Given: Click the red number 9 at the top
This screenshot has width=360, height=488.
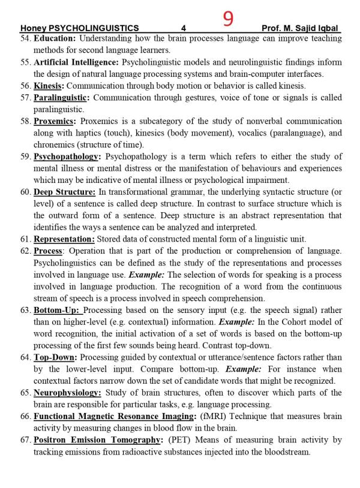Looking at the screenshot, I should pyautogui.click(x=228, y=19).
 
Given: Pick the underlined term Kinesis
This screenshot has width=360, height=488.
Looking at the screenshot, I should pyautogui.click(x=49, y=86).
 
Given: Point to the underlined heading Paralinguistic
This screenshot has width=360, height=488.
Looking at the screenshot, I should pyautogui.click(x=61, y=97).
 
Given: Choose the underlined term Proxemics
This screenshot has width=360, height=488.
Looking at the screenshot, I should pyautogui.click(x=54, y=121).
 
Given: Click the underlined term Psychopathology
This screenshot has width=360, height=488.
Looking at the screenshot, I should pyautogui.click(x=66, y=156).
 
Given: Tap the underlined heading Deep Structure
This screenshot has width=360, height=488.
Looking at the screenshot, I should pyautogui.click(x=64, y=192).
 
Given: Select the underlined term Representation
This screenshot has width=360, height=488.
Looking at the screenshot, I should pyautogui.click(x=64, y=239).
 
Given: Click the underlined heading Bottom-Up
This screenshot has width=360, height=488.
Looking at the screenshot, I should pyautogui.click(x=56, y=310).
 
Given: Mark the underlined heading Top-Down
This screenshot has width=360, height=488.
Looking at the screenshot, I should pyautogui.click(x=55, y=357).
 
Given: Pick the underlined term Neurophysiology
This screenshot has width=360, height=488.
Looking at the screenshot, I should pyautogui.click(x=67, y=393).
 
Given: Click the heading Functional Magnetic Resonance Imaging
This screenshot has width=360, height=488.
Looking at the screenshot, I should pyautogui.click(x=113, y=416).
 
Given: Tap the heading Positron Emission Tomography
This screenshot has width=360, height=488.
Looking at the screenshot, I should pyautogui.click(x=98, y=440).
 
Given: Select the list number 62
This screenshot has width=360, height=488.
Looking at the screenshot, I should pyautogui.click(x=25, y=251).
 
